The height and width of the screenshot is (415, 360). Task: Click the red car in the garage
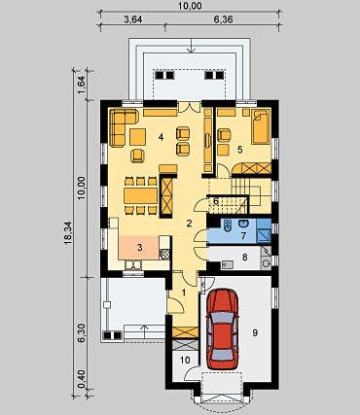(x=223, y=329)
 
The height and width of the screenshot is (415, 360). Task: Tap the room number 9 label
(x=255, y=332)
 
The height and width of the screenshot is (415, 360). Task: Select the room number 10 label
(x=185, y=360)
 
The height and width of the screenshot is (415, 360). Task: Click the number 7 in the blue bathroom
(x=243, y=235)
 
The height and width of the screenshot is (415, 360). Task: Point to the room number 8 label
(x=245, y=258)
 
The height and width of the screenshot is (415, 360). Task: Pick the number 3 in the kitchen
(x=139, y=248)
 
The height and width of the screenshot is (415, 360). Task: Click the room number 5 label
(x=239, y=150)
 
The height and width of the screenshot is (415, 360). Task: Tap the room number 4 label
(x=161, y=137)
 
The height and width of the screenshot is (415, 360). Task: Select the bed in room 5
(x=261, y=127)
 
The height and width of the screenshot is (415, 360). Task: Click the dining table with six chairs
(x=141, y=196)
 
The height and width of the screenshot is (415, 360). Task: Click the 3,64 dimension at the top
(x=133, y=19)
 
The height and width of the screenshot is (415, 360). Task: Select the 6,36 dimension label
(x=223, y=19)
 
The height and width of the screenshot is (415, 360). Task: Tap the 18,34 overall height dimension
(x=69, y=231)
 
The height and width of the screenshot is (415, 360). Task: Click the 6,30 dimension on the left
(x=81, y=332)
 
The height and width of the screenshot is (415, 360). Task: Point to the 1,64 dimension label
(x=81, y=85)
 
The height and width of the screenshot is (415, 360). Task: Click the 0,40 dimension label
(x=81, y=379)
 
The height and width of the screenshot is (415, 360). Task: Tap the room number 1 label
(x=184, y=293)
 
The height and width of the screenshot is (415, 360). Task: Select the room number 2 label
(x=189, y=223)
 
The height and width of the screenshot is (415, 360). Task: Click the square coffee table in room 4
(x=138, y=137)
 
